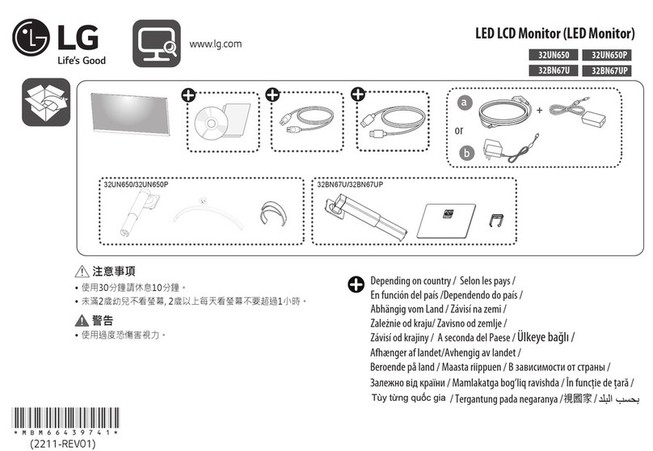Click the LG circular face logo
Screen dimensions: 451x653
[30, 37]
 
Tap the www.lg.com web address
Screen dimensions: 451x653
[215, 44]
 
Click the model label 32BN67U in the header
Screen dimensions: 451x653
[548, 70]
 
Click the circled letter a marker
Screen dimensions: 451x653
[463, 103]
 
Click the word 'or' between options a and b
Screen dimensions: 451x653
[459, 129]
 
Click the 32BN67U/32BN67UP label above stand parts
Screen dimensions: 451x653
[350, 185]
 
